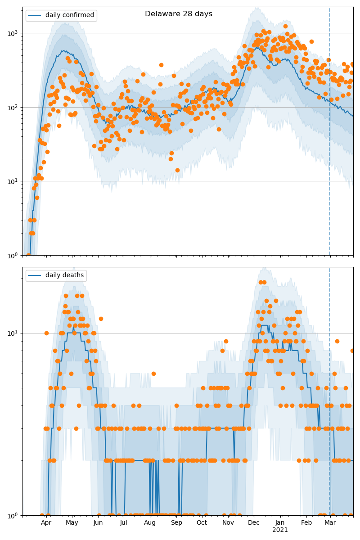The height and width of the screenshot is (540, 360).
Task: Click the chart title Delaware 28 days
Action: click(x=179, y=14)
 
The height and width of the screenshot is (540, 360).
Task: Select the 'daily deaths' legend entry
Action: click(x=64, y=275)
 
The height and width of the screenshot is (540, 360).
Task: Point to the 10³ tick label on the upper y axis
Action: click(x=14, y=33)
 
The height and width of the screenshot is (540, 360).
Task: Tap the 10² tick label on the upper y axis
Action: click(x=14, y=108)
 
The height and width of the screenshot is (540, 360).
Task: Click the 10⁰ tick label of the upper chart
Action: click(x=14, y=255)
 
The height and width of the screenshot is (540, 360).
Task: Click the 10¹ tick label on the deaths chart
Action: click(x=14, y=333)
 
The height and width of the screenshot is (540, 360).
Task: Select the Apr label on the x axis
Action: click(x=46, y=523)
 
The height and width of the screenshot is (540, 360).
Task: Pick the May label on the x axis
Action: click(x=72, y=523)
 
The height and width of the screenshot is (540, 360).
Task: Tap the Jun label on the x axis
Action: click(x=98, y=523)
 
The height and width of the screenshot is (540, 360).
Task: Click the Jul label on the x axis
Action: click(x=124, y=523)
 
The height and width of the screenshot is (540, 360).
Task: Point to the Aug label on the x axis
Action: click(x=150, y=523)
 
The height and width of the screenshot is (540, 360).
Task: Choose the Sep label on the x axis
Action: click(x=176, y=523)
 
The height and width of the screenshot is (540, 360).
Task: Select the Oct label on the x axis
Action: click(x=202, y=523)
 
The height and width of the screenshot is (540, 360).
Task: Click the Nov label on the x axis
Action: click(x=228, y=523)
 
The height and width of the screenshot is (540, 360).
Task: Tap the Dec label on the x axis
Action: click(x=254, y=523)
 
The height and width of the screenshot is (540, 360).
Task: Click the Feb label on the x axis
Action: click(x=306, y=523)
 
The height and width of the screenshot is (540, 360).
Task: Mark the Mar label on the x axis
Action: click(x=330, y=523)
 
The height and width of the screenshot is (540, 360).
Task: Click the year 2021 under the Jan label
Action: click(x=280, y=530)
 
